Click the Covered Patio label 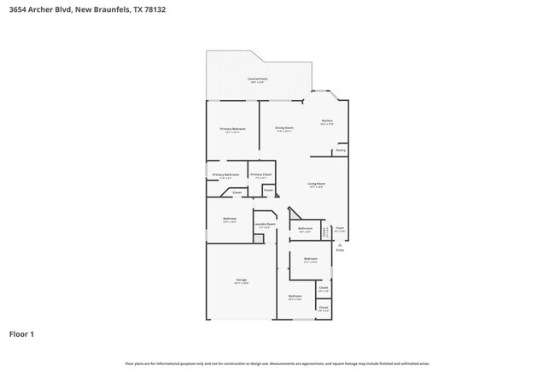coord(256,79)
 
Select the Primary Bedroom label coord(232,130)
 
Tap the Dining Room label coord(284,129)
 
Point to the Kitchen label coord(327,122)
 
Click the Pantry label coord(340,150)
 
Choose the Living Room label coord(317,184)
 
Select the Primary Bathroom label coord(225,174)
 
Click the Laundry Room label coord(265,225)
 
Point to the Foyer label coord(339,228)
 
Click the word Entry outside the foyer coord(339,250)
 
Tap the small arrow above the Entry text coord(339,244)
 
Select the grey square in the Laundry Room coord(258,239)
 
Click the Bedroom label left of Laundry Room coord(230,219)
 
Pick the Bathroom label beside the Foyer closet coord(305,228)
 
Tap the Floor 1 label coord(21,333)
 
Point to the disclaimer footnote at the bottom coord(277,363)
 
